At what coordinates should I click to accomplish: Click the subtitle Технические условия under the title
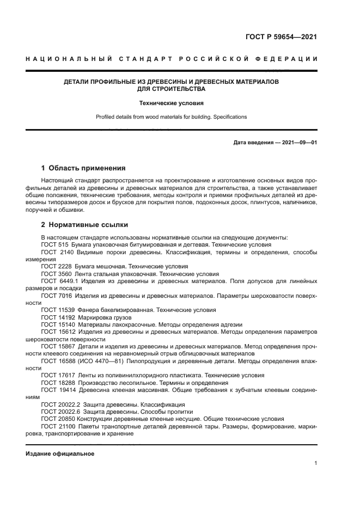[171, 102]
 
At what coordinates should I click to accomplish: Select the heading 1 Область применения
[83, 168]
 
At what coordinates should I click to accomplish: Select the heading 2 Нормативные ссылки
[84, 225]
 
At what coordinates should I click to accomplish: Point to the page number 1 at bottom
[316, 463]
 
